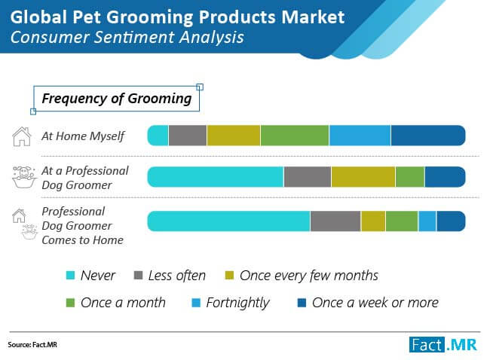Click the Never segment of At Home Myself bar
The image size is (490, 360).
tap(158, 136)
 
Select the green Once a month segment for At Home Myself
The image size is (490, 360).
tap(295, 136)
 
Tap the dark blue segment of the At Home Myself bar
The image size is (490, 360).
tap(427, 136)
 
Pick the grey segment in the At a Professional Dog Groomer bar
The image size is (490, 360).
tap(307, 176)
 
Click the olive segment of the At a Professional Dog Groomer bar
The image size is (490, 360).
tap(363, 176)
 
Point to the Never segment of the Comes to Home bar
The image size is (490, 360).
tap(228, 221)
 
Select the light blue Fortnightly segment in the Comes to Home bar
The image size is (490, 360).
tap(427, 221)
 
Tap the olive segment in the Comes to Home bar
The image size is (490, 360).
tap(373, 221)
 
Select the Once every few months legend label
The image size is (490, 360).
tap(308, 276)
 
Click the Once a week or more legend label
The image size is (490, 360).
tap(375, 303)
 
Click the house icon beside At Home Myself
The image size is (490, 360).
tap(22, 136)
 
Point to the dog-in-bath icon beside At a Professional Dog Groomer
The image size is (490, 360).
tap(23, 178)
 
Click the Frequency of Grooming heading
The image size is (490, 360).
tap(116, 99)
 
